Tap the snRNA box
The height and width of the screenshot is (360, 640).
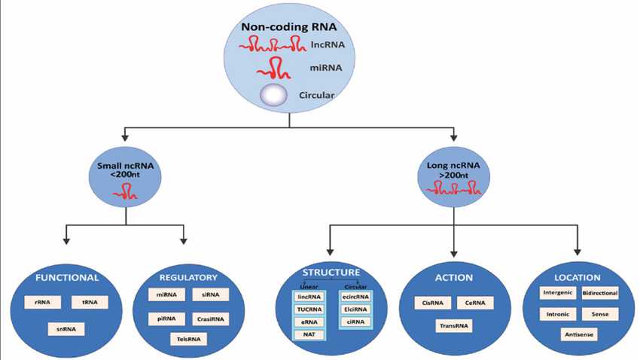point(66,328)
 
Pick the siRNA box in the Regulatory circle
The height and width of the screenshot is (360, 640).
point(211,294)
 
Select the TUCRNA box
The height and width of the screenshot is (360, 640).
point(309,310)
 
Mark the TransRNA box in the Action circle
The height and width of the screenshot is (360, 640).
point(455,326)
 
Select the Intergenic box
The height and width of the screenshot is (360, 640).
point(558,291)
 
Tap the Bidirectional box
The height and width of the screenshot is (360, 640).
point(602,291)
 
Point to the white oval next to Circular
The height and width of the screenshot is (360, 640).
point(274,96)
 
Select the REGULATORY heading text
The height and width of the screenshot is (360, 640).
point(188,276)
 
